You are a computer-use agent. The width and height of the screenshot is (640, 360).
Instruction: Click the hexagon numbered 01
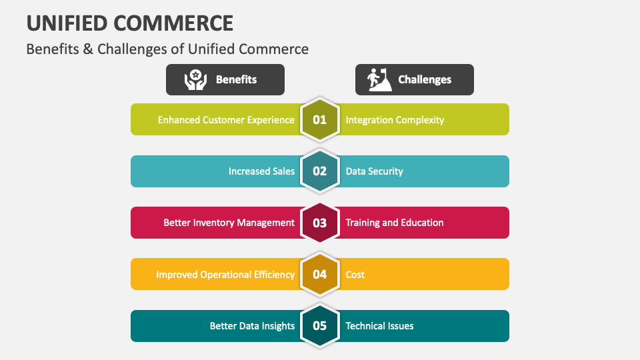320,120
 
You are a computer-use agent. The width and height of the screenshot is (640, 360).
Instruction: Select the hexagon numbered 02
320,171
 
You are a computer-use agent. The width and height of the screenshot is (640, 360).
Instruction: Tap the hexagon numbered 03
320,223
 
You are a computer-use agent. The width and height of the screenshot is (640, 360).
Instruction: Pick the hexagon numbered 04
320,274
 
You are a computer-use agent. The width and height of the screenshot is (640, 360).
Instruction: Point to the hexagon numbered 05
320,326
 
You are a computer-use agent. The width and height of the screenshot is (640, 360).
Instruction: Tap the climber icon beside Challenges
379,80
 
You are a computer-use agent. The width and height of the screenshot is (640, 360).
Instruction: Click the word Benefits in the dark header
236,80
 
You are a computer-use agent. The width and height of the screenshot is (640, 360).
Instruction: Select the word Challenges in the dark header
425,80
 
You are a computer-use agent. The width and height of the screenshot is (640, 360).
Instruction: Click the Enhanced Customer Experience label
226,120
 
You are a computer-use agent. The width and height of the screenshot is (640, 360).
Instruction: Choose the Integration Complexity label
395,120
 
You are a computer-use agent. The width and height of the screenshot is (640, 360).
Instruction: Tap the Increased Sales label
261,171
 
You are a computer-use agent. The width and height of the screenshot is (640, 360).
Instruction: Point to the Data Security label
374,171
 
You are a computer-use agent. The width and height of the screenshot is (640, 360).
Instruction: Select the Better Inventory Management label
229,223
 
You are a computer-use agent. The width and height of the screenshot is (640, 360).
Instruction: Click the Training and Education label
394,223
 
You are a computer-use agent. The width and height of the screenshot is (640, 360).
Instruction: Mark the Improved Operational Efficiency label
225,274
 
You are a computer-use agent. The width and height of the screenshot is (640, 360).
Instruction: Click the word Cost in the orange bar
355,274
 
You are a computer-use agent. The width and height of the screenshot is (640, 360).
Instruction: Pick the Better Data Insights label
252,326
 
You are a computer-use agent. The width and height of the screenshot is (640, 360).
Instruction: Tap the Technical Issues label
379,326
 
